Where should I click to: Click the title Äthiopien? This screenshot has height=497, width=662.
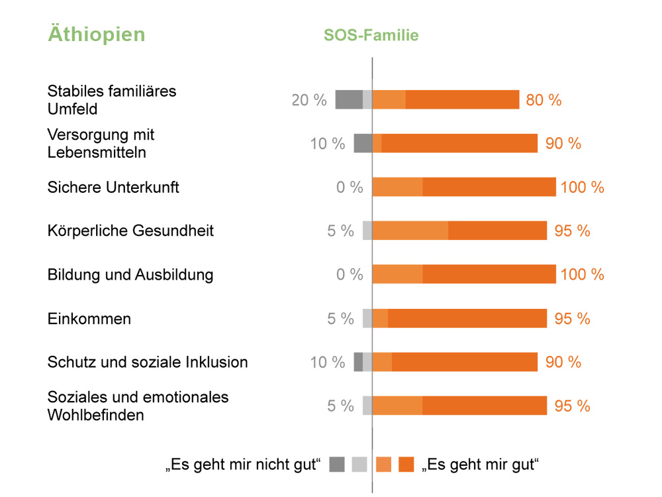[x=96, y=34]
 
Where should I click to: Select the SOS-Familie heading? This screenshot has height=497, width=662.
[x=371, y=36]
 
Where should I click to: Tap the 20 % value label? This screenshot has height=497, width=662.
[x=309, y=100]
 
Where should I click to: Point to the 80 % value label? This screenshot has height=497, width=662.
[x=544, y=100]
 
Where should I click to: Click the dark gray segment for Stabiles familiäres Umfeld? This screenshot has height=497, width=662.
[x=349, y=99]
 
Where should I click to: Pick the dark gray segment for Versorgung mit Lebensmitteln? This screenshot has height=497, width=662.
[x=363, y=143]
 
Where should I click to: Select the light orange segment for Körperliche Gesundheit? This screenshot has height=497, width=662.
[x=410, y=231]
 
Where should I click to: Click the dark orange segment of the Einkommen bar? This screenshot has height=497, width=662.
[x=467, y=318]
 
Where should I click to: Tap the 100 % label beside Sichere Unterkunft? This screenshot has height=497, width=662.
[x=582, y=188]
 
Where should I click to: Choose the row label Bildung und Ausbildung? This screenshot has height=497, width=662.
[x=130, y=274]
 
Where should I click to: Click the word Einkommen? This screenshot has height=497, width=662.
[x=89, y=319]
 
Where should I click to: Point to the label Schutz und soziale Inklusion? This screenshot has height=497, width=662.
[x=148, y=362]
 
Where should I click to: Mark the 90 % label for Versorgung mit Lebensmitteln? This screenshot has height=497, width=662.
[x=563, y=143]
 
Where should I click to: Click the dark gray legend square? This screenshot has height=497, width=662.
[x=337, y=465]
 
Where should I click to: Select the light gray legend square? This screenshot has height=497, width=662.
[x=359, y=465]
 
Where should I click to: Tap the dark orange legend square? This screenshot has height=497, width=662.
[x=406, y=465]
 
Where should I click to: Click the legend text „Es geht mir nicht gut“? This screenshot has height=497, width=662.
[x=243, y=465]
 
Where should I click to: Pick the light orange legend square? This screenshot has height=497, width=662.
[x=383, y=465]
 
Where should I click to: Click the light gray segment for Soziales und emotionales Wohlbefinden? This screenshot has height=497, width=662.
[x=367, y=406]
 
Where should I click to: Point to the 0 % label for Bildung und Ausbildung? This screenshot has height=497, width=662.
[x=350, y=274]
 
